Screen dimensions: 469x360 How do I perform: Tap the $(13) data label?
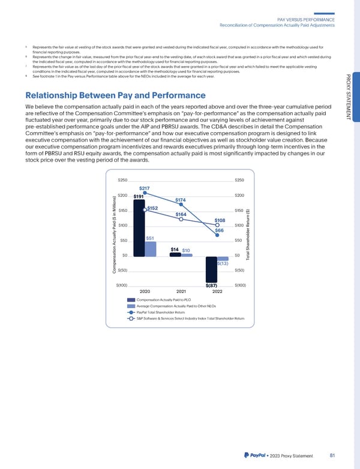[x=222, y=263]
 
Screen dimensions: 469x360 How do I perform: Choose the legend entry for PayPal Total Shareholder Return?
[x=161, y=312]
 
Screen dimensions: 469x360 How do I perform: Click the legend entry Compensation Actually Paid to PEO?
[x=161, y=300]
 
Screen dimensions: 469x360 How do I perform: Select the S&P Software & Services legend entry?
[x=190, y=318]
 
